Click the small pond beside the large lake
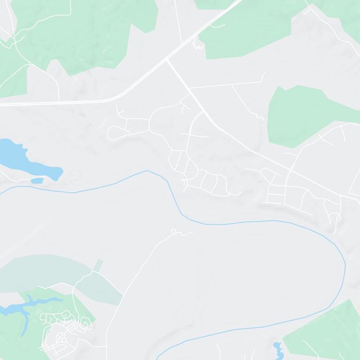[37, 180]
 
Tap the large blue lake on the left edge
[22, 157]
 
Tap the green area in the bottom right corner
[324, 333]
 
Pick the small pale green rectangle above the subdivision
[98, 265]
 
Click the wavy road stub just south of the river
[180, 233]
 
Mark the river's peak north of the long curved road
[147, 171]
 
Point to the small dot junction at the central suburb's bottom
[183, 181]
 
